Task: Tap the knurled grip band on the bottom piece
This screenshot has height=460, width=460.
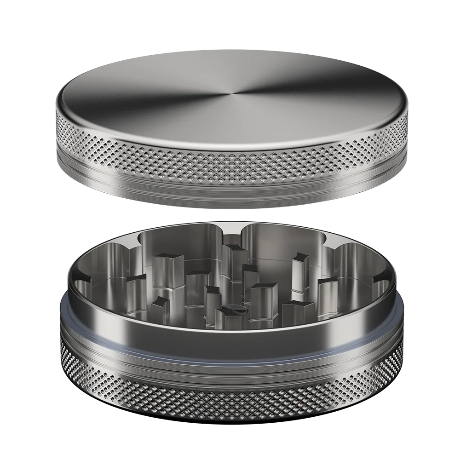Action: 230,405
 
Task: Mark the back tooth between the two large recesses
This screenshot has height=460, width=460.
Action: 232,258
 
